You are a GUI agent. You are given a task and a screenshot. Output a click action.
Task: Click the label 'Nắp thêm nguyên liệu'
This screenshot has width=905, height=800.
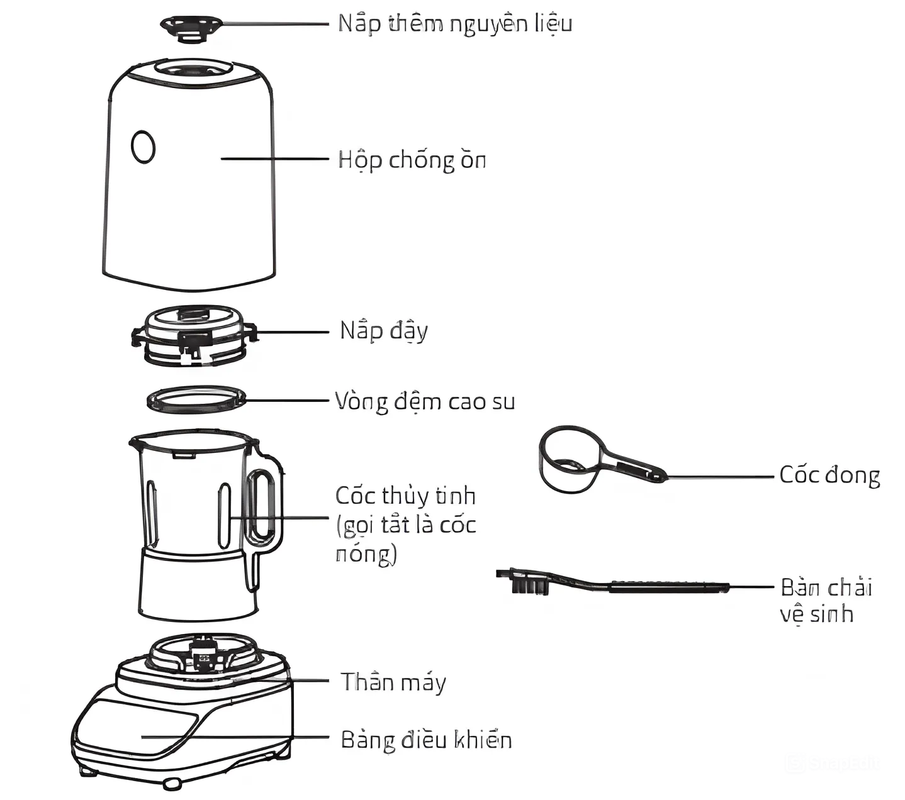coord(454,24)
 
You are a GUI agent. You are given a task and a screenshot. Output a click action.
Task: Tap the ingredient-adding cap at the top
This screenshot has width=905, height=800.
coord(191,27)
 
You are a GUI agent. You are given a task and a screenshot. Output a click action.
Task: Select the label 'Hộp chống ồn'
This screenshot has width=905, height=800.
coord(412,160)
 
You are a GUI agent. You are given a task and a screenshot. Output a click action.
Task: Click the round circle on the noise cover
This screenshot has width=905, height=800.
coord(143,147)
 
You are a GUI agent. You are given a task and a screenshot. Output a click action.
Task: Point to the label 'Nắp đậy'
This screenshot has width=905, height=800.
coord(383,331)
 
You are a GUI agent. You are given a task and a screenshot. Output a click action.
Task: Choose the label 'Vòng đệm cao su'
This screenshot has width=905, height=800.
coord(425,401)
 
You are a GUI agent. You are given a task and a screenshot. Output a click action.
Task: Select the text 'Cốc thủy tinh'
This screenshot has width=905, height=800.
coord(405,496)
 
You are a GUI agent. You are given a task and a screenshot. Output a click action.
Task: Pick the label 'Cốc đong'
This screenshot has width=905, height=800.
coord(829,475)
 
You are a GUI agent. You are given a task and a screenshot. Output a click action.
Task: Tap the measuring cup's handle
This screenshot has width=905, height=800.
coord(633,466)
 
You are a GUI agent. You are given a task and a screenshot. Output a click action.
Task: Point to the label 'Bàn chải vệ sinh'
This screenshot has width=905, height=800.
coord(825,600)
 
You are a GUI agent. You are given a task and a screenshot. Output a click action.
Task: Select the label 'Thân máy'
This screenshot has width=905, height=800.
coord(393,682)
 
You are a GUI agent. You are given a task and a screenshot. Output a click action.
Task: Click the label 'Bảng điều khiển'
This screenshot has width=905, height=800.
coord(425,740)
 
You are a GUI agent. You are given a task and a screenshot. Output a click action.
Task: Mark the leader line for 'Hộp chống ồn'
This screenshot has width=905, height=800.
coord(274,159)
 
